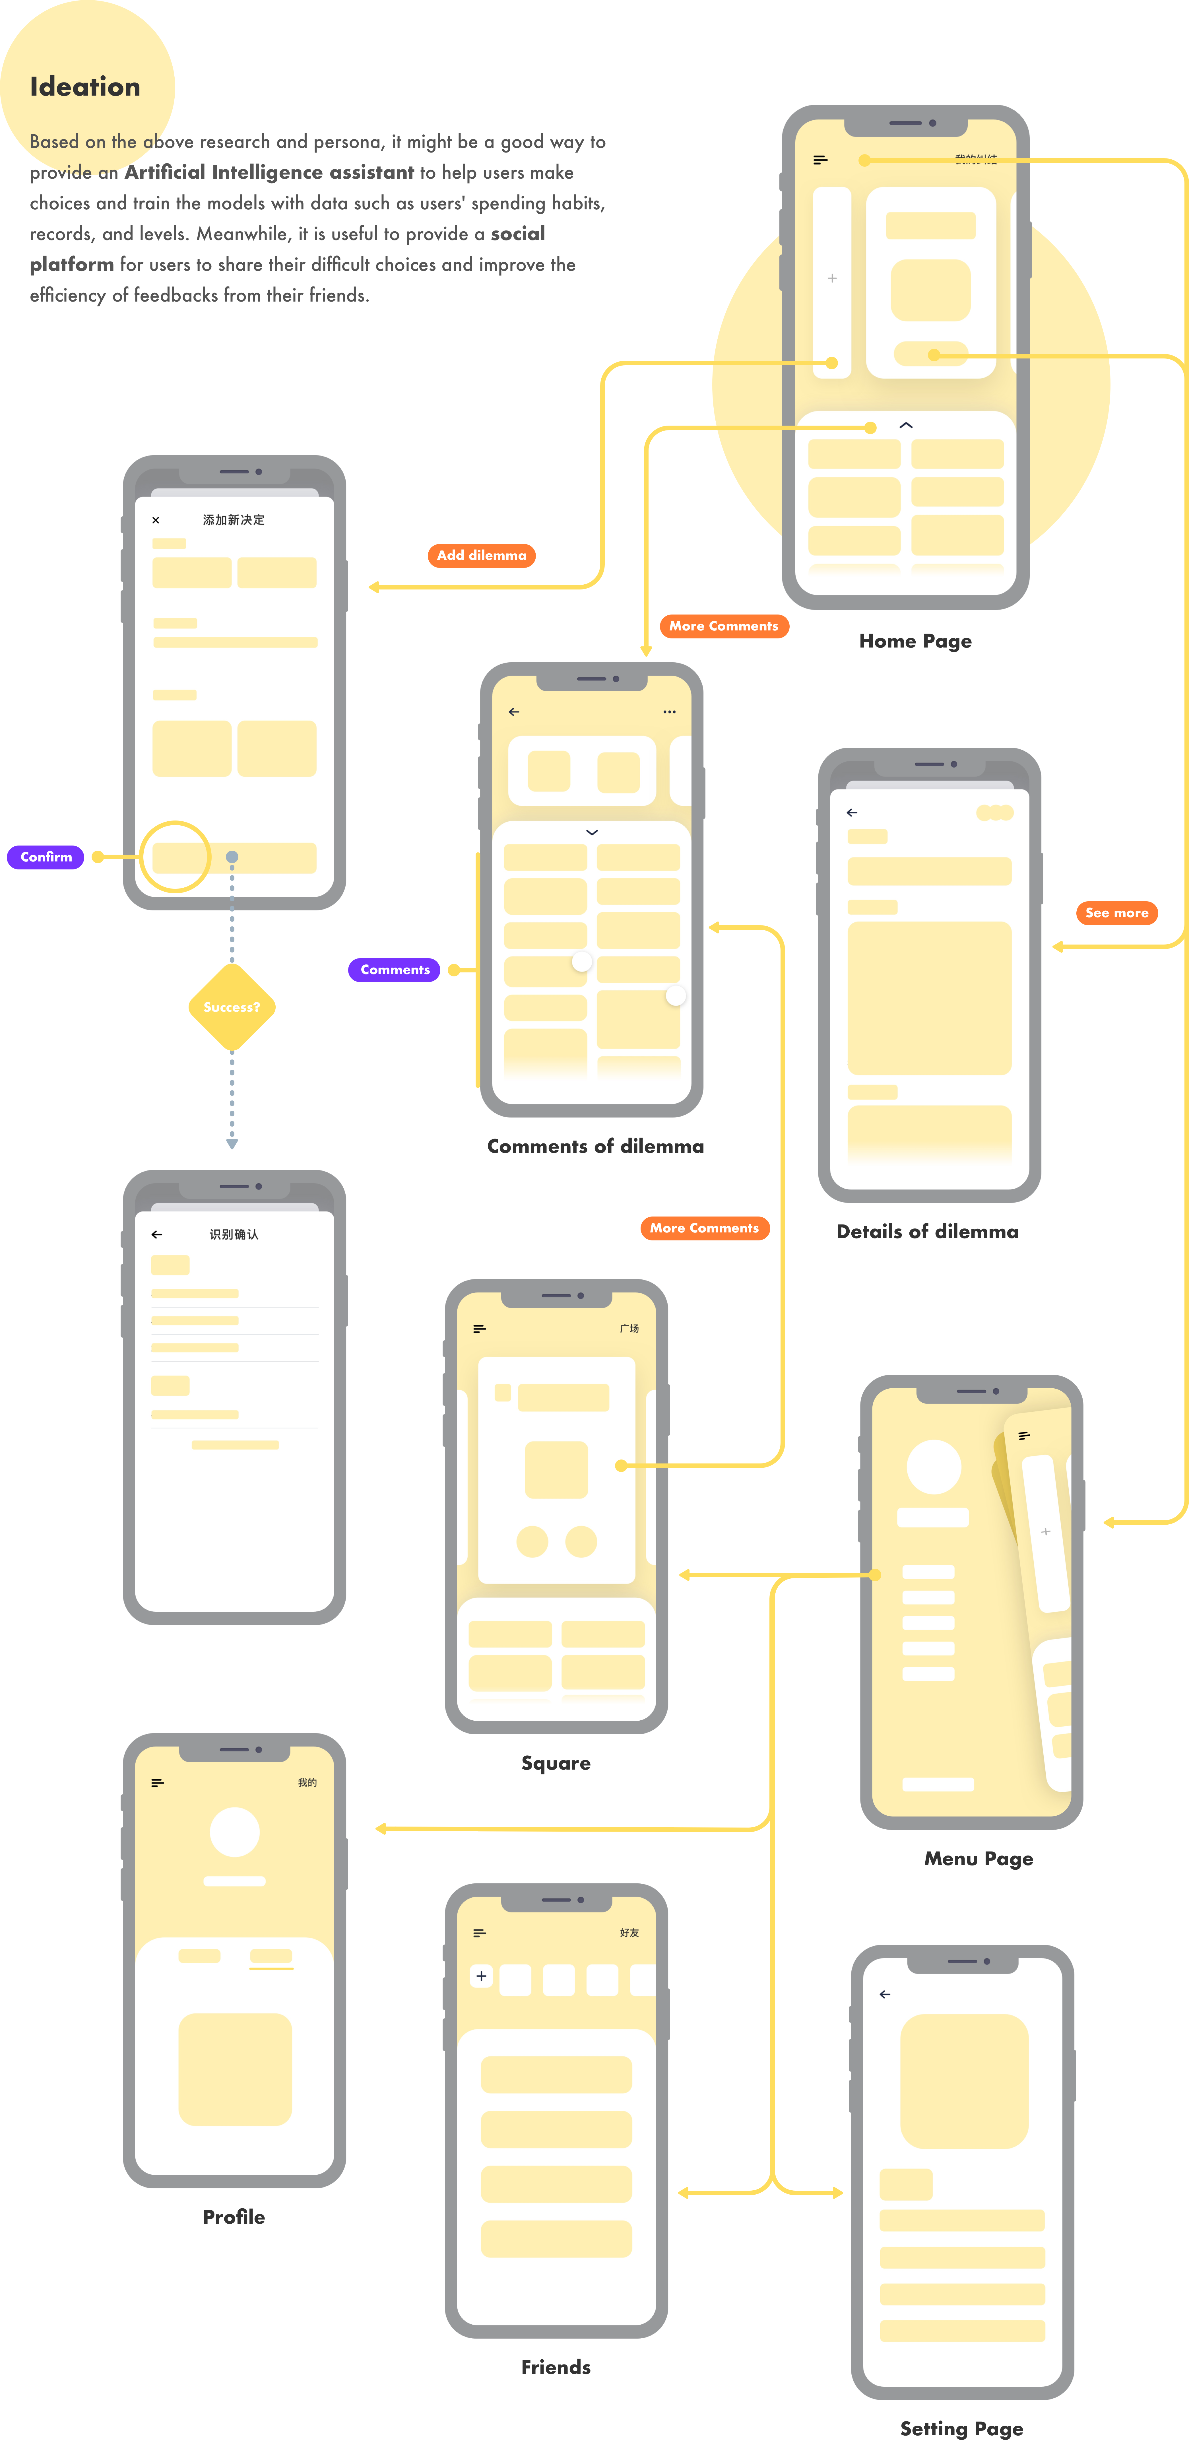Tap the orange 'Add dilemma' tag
pos(481,555)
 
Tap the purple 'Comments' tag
pos(395,969)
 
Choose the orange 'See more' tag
pos(1116,913)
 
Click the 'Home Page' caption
pos(915,642)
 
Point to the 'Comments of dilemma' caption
pos(595,1147)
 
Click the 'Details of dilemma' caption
pos(926,1232)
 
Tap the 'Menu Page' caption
pos(978,1859)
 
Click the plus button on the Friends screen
pos(481,1977)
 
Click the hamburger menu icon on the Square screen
pos(479,1329)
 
